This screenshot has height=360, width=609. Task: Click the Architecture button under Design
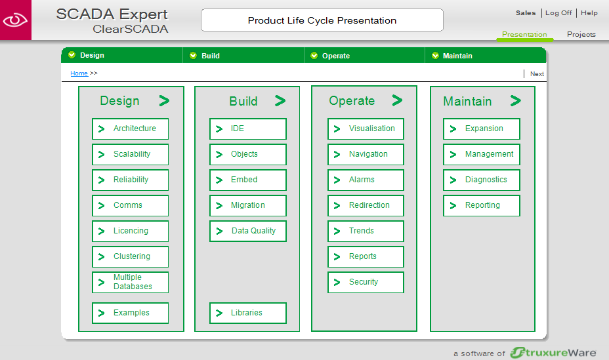coord(130,129)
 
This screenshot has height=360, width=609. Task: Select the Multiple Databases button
coord(130,283)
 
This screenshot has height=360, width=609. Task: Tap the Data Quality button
coord(248,231)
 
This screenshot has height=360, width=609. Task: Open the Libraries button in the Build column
coord(248,313)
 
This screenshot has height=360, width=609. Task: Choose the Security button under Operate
coord(366,283)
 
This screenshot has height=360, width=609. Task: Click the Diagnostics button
coord(482,180)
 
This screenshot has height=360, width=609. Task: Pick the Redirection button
coord(366,206)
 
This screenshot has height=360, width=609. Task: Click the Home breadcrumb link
coord(79,73)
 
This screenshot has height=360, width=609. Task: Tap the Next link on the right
coord(537,74)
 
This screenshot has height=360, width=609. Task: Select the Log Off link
coord(558,13)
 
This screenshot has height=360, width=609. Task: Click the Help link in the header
coord(589,13)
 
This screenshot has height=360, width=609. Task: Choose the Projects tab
coord(581,34)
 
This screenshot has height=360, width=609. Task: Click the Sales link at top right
coord(526,13)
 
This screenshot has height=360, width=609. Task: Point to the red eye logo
coord(16,20)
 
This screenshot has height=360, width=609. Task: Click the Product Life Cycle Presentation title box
coord(322,20)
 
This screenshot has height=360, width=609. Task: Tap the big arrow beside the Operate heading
coord(397,100)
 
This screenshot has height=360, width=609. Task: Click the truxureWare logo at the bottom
coord(553,353)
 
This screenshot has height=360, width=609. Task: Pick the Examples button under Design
coord(130,313)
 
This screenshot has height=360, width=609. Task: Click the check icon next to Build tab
coord(193,56)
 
